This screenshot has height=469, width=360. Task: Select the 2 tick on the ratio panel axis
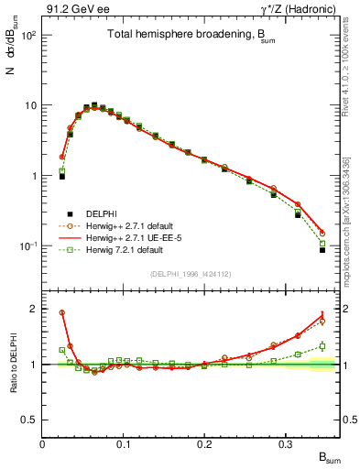tap(34, 309)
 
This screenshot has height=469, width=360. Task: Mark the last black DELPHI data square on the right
tap(322, 250)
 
